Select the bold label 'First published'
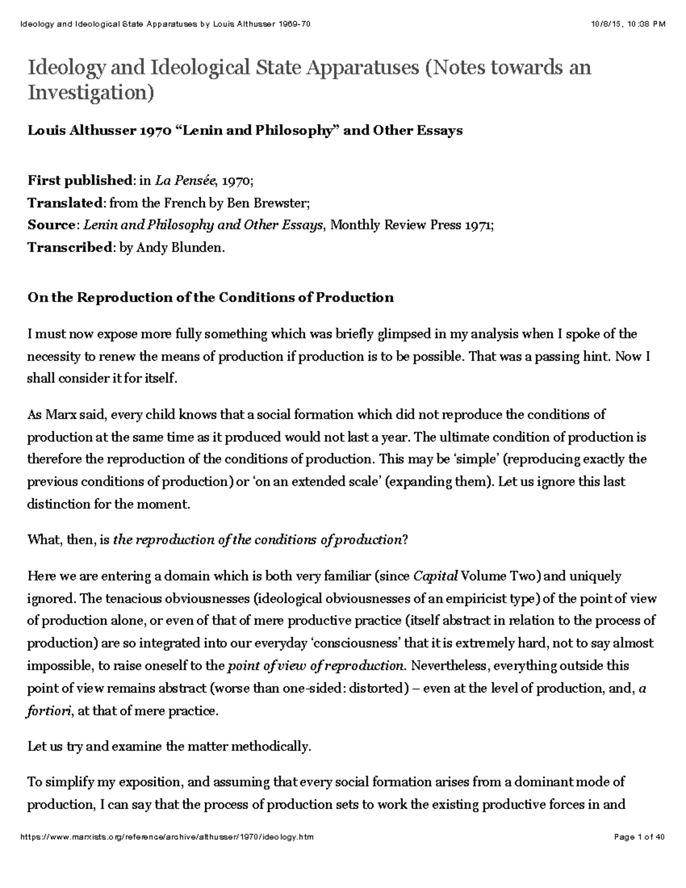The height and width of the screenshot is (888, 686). click(x=79, y=181)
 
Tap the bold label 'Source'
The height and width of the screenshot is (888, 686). click(x=51, y=225)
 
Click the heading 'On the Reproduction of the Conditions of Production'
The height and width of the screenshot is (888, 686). click(x=210, y=297)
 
